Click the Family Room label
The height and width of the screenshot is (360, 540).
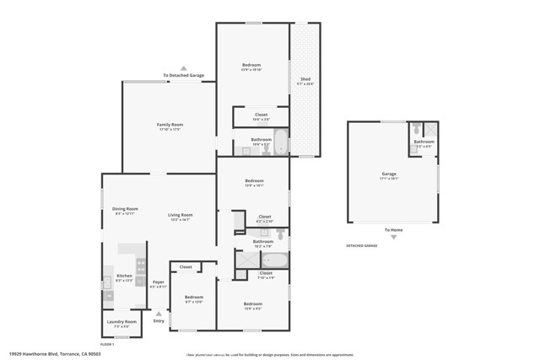170,125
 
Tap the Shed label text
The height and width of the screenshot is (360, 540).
305,79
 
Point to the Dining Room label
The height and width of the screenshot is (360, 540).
125,209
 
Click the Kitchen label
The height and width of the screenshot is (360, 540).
124,277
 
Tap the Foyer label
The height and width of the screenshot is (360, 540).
158,282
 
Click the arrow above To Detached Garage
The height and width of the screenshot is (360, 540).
184,67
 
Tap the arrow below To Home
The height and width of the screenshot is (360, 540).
393,237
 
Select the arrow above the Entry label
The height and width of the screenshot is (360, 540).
159,313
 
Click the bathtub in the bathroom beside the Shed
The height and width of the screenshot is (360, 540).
281,143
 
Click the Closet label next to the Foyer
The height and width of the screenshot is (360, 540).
186,267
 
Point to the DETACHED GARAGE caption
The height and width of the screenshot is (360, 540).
361,245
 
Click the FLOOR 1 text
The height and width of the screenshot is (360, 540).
107,344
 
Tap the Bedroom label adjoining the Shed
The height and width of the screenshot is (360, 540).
251,65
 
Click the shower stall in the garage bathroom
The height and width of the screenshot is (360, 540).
430,129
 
